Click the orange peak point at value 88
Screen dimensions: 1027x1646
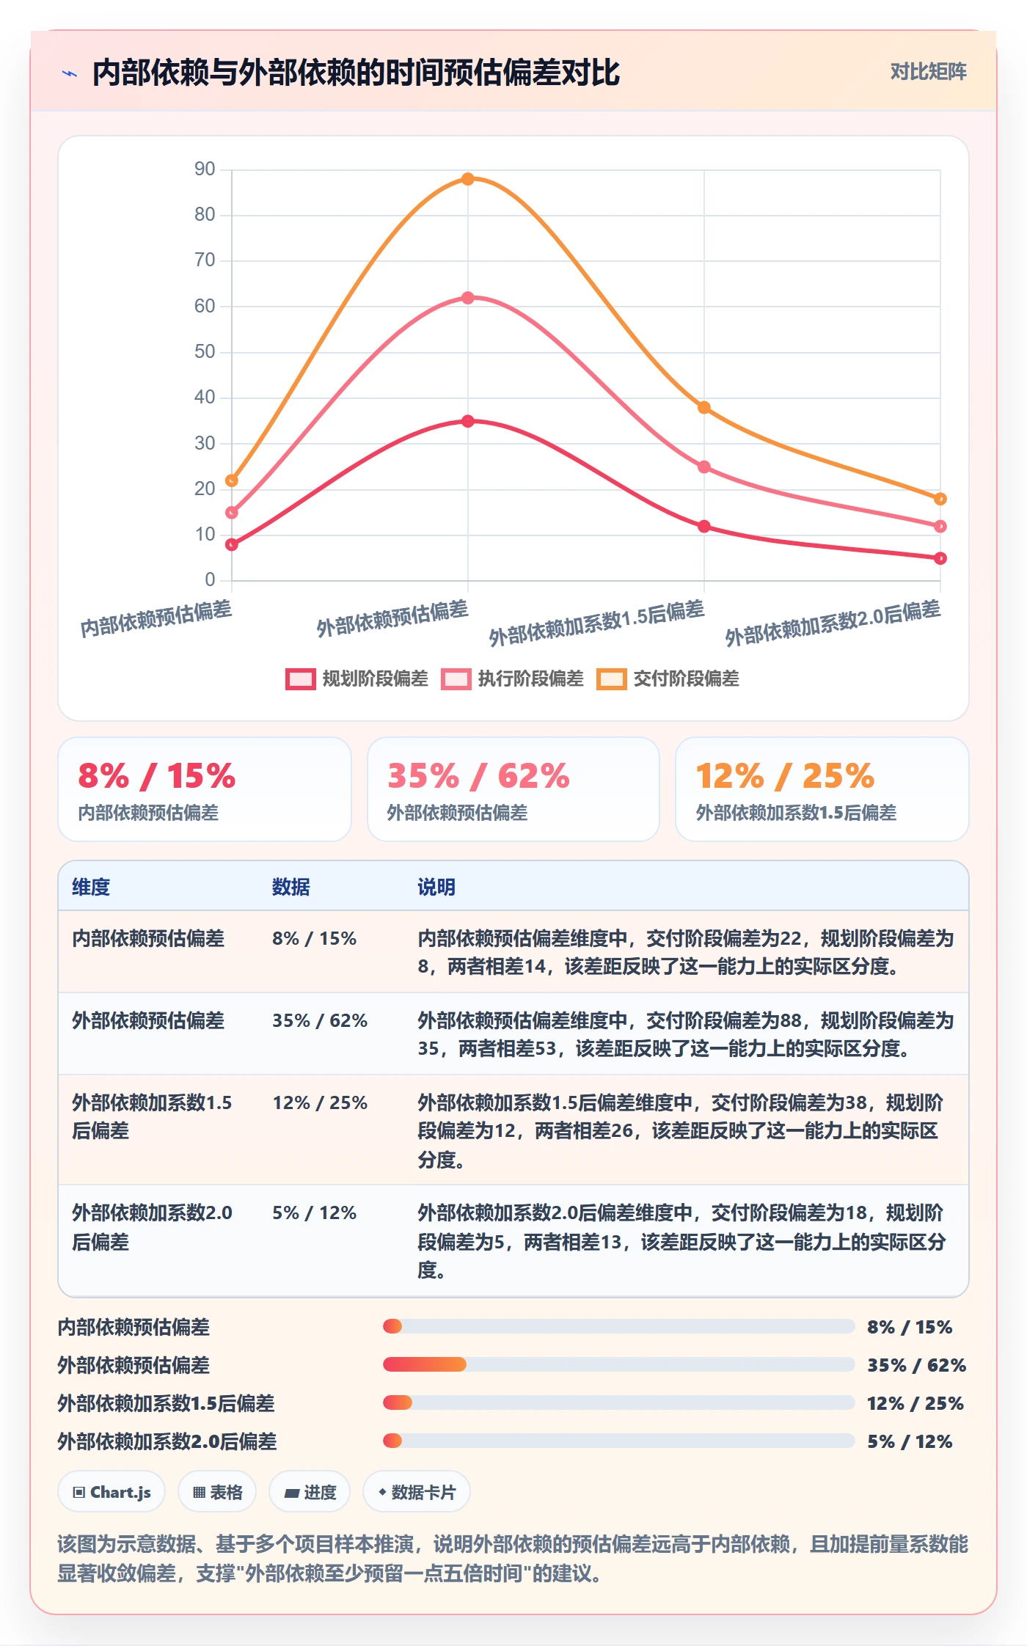tap(468, 179)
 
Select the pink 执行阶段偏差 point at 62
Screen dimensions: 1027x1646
tap(468, 298)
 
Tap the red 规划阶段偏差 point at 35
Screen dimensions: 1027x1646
tap(468, 421)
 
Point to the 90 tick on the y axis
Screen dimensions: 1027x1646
tap(205, 169)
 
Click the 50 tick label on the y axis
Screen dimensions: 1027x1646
tap(205, 352)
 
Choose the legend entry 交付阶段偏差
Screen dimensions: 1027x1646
tap(668, 678)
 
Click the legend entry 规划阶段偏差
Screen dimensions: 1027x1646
tap(357, 678)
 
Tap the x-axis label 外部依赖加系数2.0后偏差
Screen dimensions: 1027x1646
tap(833, 623)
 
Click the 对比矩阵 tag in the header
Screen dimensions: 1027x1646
tap(928, 72)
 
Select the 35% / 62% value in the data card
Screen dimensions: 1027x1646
tap(478, 776)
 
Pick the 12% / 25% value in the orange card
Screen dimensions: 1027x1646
tap(785, 776)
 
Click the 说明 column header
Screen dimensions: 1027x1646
tap(436, 887)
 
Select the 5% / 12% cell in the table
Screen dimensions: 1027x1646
tap(315, 1212)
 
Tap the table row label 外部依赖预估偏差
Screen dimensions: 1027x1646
tap(148, 1020)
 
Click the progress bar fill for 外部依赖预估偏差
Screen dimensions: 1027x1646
tap(425, 1364)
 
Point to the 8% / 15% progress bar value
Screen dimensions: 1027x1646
tap(910, 1327)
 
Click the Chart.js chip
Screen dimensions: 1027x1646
tap(112, 1492)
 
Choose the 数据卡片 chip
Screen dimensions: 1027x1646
tap(417, 1492)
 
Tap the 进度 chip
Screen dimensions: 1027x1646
tap(310, 1492)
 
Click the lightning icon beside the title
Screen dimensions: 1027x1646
tap(70, 73)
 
